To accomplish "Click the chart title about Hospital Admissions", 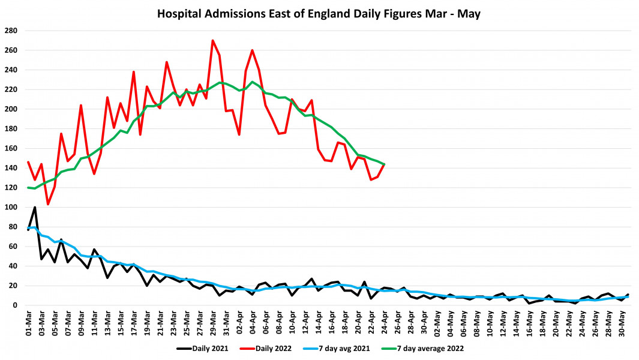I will click(x=319, y=13).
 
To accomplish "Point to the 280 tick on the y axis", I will click(x=11, y=31).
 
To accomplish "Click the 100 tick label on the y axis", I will click(x=11, y=207).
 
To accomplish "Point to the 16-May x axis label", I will click(x=529, y=321).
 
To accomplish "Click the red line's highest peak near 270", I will click(x=213, y=41).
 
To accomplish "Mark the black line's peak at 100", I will click(x=35, y=207).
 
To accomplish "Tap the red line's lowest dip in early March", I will click(x=48, y=204).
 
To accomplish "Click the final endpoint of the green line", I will click(x=384, y=164).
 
